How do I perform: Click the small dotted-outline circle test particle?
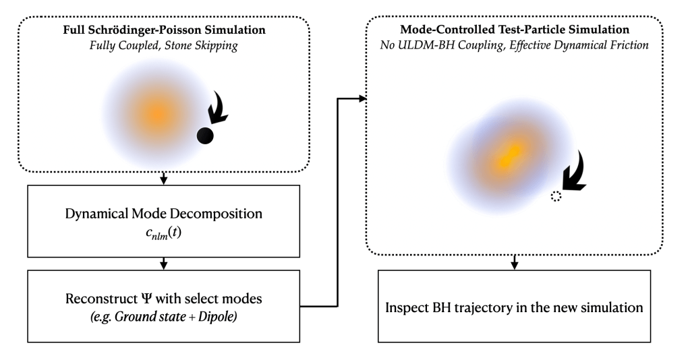pyautogui.click(x=556, y=196)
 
